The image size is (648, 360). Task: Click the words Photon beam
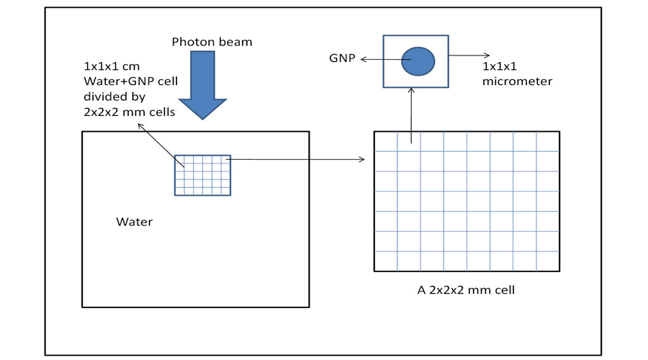coord(212,42)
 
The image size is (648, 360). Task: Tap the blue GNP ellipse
coord(418,61)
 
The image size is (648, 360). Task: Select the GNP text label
coord(342,58)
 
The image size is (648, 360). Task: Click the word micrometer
coord(517,81)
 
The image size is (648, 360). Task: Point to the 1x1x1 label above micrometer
coord(499,66)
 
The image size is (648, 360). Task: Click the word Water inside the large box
coord(135,222)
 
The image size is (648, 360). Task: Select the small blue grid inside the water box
coord(202,175)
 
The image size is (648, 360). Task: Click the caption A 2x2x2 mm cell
coord(466,291)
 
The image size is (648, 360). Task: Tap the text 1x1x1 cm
coord(112,66)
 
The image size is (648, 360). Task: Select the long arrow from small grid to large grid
coord(295,159)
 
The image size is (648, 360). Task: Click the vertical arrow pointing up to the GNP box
coord(411,115)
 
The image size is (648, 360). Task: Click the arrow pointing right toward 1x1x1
coord(469,55)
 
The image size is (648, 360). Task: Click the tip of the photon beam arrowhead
coord(202,118)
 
